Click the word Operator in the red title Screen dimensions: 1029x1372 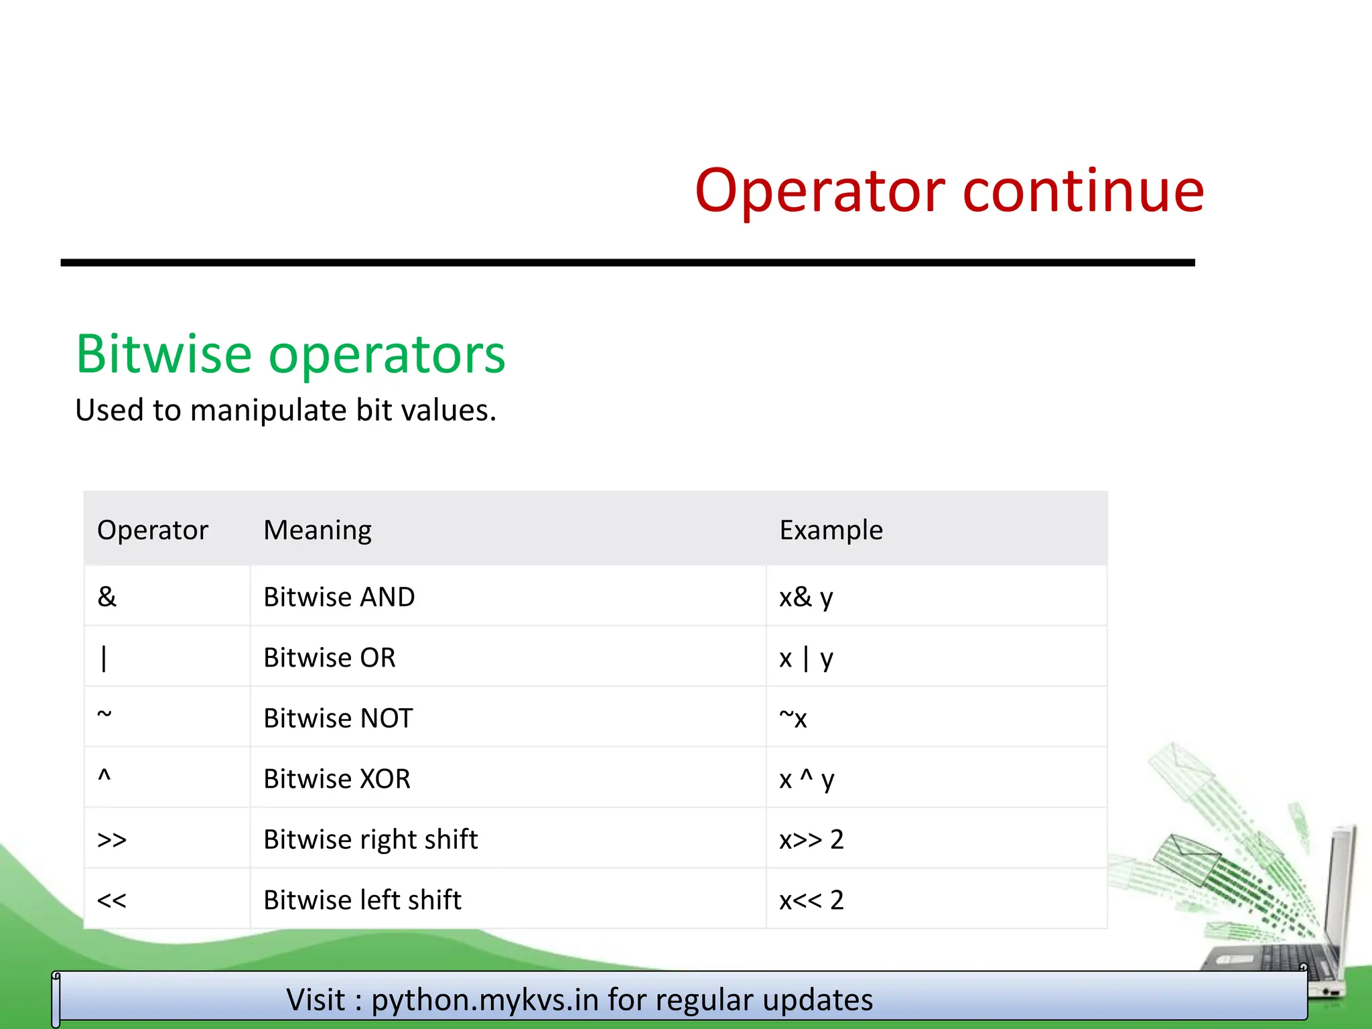tap(819, 192)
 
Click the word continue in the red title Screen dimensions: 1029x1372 tap(1083, 192)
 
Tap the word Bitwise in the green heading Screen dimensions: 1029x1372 tap(164, 354)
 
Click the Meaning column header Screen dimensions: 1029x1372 tap(318, 530)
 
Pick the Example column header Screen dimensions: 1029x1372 tap(831, 530)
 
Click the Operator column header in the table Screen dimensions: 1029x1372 tap(153, 530)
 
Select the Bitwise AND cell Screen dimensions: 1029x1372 tap(339, 597)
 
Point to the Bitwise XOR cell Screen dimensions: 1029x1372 tap(337, 778)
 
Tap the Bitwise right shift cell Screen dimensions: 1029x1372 tap(370, 839)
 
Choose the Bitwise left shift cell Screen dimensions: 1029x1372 tap(362, 900)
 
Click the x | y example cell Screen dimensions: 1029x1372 tap(806, 658)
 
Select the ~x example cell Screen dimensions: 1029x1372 tap(793, 718)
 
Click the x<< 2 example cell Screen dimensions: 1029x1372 tap(811, 900)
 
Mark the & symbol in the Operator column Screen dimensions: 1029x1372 tap(107, 597)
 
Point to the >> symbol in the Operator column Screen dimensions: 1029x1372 tap(111, 839)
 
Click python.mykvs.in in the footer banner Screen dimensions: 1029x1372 tap(485, 1000)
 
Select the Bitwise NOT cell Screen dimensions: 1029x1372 tap(338, 718)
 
